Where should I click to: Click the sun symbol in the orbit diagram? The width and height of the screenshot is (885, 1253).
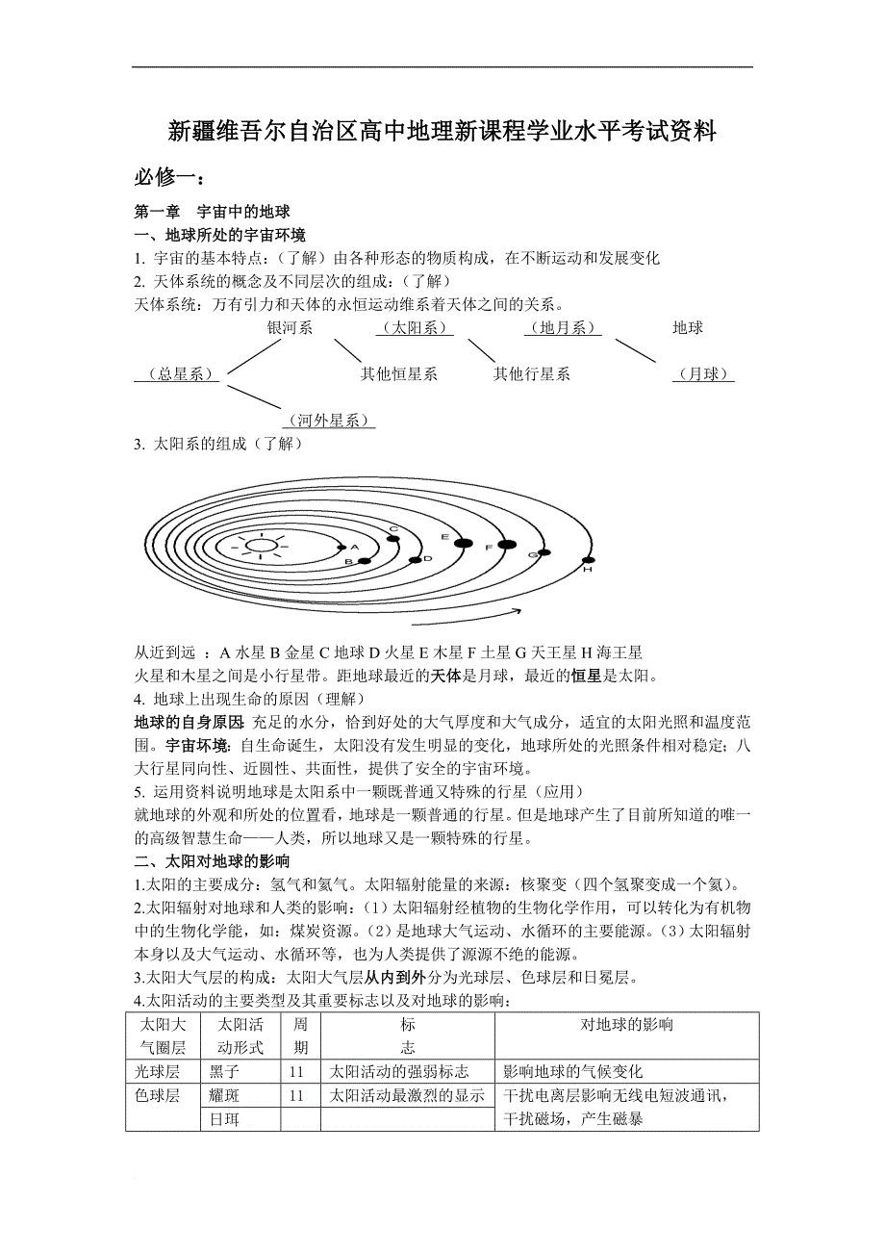click(259, 546)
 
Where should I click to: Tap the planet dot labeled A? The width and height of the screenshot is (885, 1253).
click(342, 548)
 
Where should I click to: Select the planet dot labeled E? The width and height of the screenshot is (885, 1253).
click(463, 544)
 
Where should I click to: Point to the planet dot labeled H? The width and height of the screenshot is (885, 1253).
click(586, 559)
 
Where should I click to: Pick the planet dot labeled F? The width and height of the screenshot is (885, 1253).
click(507, 546)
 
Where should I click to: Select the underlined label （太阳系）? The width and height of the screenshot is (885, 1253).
click(415, 328)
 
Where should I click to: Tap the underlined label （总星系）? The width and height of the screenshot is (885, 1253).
click(174, 374)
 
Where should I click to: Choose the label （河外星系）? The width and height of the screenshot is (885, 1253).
click(328, 421)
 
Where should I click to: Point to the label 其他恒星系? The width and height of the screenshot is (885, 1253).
click(399, 374)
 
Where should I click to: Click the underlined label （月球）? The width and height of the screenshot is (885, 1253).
click(703, 374)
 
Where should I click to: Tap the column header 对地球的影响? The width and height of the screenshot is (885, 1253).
click(626, 1024)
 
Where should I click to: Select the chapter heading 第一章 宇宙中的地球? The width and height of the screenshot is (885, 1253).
click(212, 212)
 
